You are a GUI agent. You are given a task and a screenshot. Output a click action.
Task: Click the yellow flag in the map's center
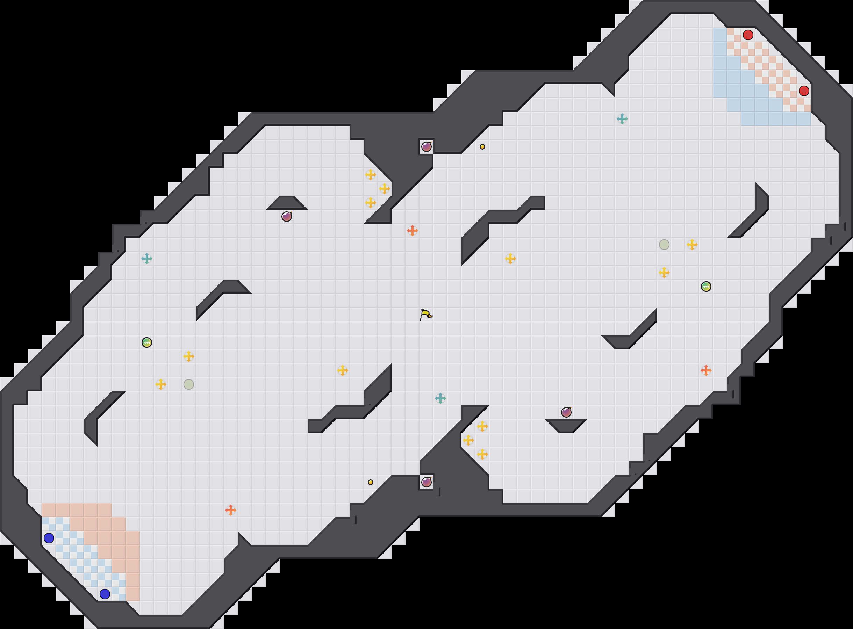[x=426, y=314]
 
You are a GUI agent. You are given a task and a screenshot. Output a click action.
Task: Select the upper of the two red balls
[x=748, y=35]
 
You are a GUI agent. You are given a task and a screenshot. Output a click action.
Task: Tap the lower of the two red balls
[x=804, y=91]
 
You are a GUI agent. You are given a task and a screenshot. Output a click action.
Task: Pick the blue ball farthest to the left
[x=49, y=538]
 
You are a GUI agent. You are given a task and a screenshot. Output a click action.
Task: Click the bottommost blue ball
[x=105, y=594]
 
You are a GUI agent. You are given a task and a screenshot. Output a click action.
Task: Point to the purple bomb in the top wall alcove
[x=426, y=146]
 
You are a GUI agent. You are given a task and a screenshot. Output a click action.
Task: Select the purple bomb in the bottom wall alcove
[x=426, y=482]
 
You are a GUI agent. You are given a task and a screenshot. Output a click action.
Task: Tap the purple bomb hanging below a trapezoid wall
[x=287, y=217]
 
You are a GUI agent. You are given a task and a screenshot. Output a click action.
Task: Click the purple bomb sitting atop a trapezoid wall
[x=566, y=412]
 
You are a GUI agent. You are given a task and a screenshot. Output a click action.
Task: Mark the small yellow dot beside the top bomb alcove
[x=482, y=146]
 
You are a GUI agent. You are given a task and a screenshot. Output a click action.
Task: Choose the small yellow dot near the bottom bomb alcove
[x=371, y=482]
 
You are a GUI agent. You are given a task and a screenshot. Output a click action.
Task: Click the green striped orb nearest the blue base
[x=146, y=342]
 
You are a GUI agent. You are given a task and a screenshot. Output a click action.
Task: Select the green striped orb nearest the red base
[x=706, y=286]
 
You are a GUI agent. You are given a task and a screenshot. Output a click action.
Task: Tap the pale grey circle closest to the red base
[x=664, y=245]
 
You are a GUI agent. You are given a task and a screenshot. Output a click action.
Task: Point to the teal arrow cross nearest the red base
[x=622, y=119]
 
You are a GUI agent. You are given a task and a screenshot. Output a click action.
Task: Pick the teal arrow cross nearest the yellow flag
[x=440, y=398]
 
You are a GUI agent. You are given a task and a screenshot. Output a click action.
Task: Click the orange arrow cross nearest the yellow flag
[x=413, y=230]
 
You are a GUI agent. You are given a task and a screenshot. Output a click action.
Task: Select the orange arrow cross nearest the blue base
[x=230, y=510]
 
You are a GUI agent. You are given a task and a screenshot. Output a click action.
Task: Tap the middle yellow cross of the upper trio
[x=385, y=188]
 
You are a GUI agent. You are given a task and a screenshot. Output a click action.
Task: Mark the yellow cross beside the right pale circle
[x=692, y=245]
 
